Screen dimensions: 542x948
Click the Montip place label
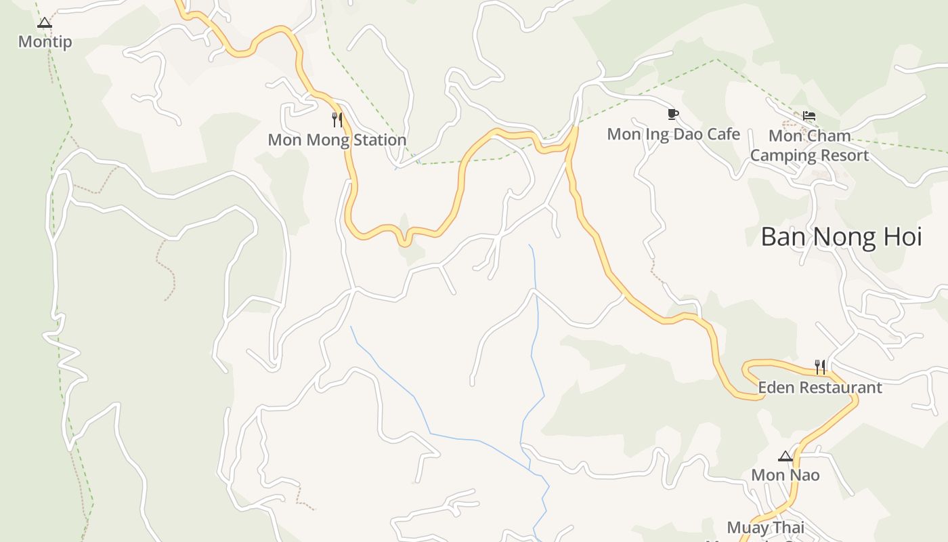[x=45, y=42]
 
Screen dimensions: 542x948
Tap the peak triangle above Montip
[x=45, y=23]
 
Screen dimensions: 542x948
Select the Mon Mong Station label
[x=337, y=140]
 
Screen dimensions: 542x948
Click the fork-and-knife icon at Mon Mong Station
[x=337, y=120]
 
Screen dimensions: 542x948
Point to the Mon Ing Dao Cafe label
[x=673, y=134]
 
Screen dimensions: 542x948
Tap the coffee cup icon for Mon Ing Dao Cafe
[x=672, y=114]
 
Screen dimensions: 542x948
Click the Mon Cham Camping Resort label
[x=809, y=146]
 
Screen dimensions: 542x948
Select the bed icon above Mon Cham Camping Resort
[x=809, y=116]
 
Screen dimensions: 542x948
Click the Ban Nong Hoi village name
[x=841, y=237]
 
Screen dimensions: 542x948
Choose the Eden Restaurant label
[x=819, y=388]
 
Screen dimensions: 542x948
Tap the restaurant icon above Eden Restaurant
[x=820, y=367]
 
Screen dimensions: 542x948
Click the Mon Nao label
[x=785, y=475]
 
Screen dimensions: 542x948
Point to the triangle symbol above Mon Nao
[x=785, y=456]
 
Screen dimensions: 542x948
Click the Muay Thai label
[x=765, y=528]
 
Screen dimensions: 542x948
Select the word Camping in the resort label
[x=782, y=156]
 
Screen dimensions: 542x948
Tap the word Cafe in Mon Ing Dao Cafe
[x=724, y=134]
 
